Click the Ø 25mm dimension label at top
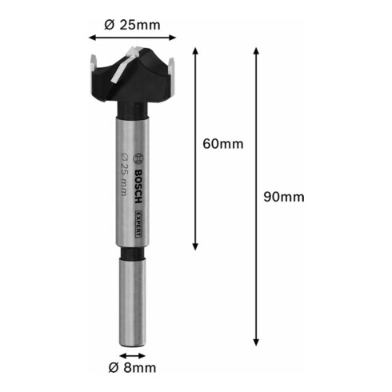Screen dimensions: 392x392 [x=133, y=25]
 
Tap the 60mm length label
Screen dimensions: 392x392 [x=223, y=144]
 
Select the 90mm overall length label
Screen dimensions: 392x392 [x=284, y=197]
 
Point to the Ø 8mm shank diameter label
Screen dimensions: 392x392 [x=132, y=368]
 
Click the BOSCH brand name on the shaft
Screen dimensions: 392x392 [x=138, y=186]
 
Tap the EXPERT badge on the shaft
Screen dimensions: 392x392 [x=139, y=224]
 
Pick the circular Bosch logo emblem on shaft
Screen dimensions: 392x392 [x=139, y=159]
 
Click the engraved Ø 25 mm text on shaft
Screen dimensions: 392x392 [x=125, y=174]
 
